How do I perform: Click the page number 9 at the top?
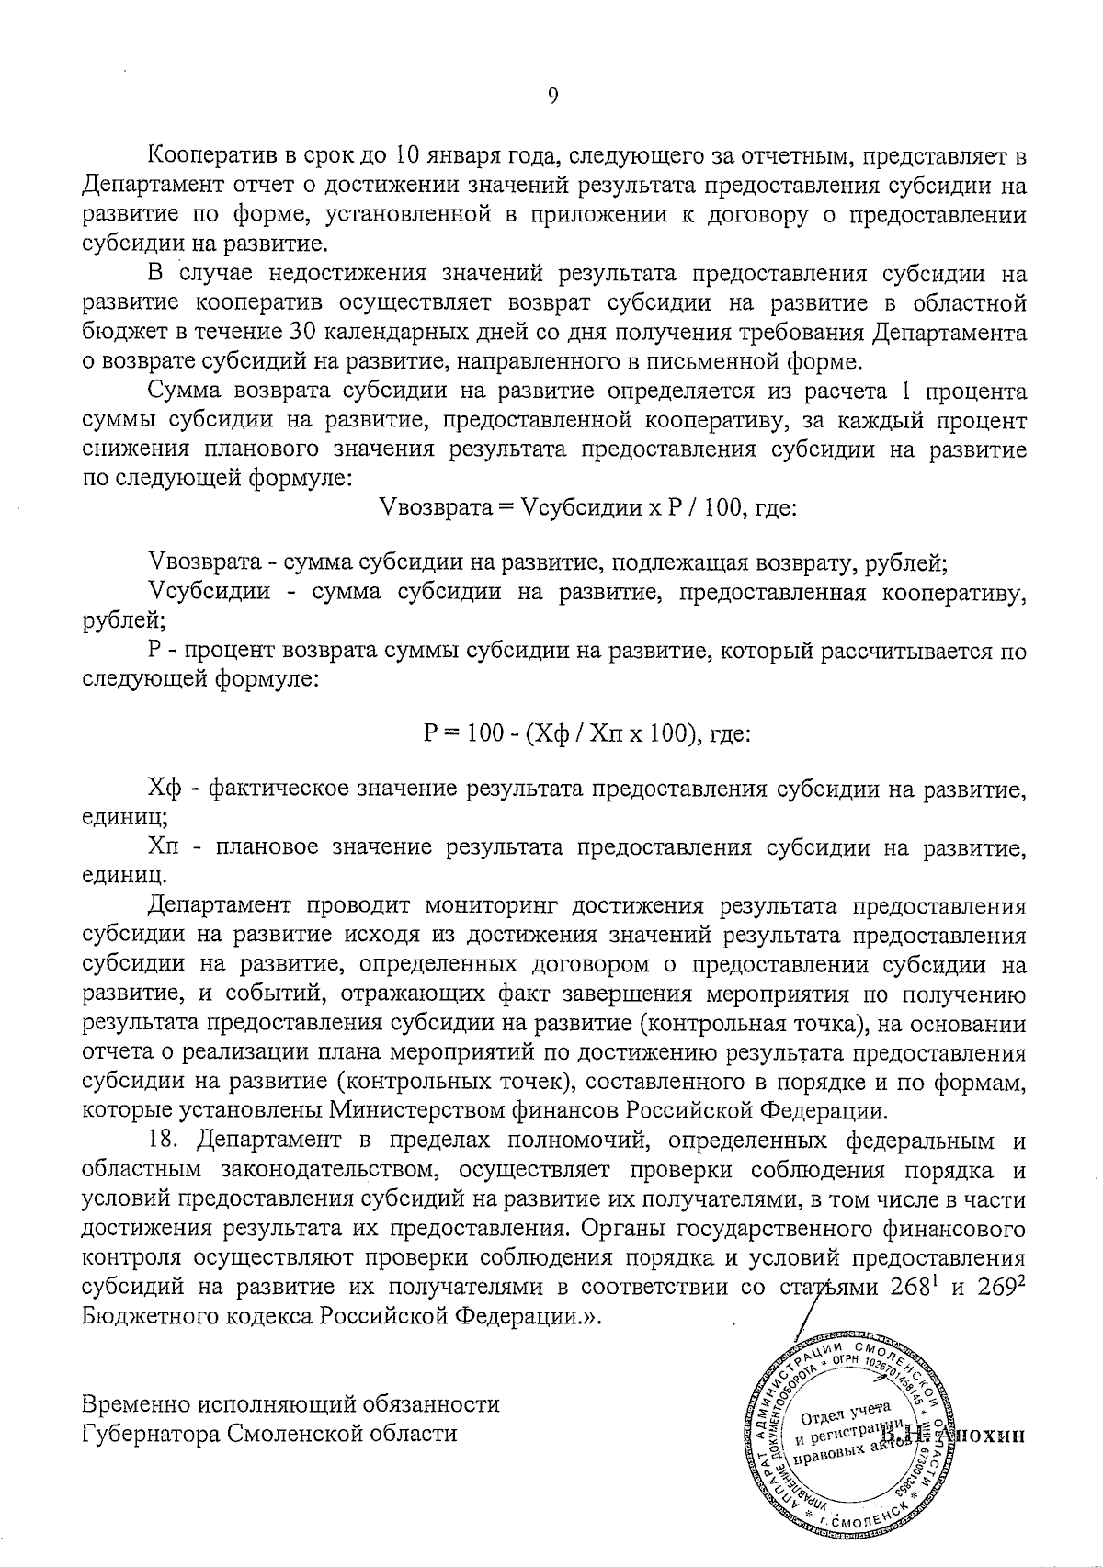pos(552,97)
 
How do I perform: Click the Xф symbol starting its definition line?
pos(167,789)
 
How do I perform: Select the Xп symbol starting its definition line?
pos(166,847)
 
